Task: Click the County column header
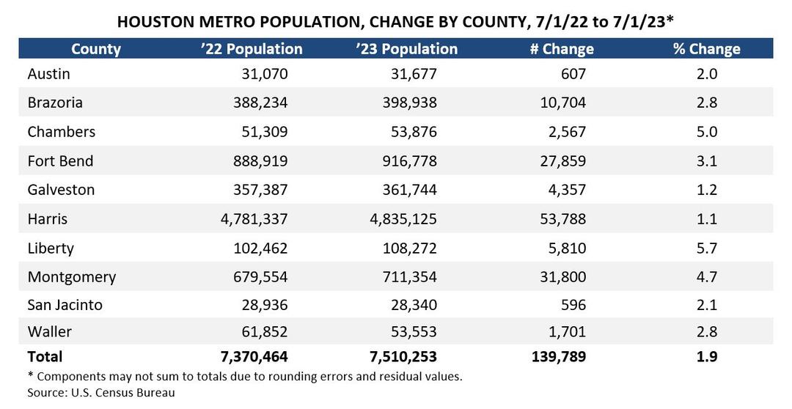[x=96, y=49]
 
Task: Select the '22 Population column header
[x=252, y=49]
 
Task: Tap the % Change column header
[x=706, y=49]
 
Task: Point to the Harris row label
[x=47, y=218]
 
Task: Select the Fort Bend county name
[x=60, y=161]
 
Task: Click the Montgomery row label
[x=71, y=277]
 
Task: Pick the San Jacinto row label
[x=65, y=305]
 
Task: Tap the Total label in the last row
[x=45, y=357]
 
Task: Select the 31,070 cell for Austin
[x=265, y=74]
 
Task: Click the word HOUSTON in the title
[x=155, y=22]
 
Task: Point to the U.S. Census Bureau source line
[x=101, y=392]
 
